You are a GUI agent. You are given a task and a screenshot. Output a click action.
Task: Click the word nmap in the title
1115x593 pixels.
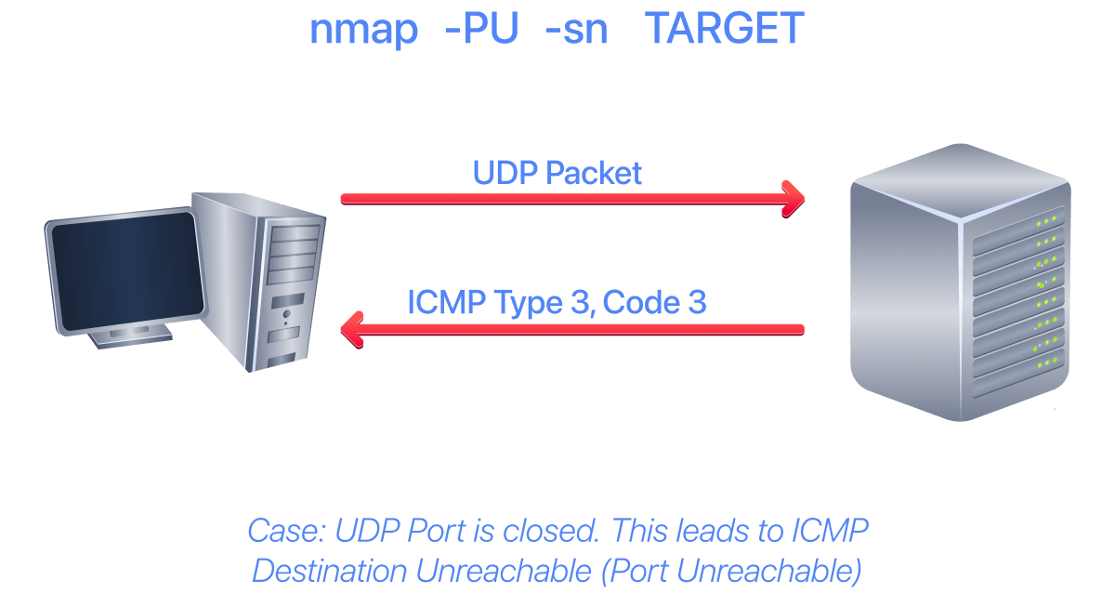pos(364,30)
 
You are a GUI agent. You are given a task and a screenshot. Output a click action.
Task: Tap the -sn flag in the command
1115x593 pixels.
pos(576,30)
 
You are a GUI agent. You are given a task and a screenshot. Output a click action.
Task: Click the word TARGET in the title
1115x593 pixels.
pos(724,28)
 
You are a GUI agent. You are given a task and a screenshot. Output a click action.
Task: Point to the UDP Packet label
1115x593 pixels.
pos(557,173)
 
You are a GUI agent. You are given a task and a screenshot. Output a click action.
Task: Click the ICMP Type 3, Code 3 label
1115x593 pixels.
pos(557,302)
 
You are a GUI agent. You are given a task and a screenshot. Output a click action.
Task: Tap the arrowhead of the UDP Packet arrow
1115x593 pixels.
pos(794,199)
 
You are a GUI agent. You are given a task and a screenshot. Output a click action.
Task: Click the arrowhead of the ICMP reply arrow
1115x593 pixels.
pos(352,330)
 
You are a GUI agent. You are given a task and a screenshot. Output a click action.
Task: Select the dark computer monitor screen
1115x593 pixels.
pos(127,271)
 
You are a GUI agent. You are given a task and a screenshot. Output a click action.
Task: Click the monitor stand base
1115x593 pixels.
pos(131,337)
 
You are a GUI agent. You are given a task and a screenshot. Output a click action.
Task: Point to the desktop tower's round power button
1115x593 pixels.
pos(287,314)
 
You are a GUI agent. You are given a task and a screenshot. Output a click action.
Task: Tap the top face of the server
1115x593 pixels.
pos(961,180)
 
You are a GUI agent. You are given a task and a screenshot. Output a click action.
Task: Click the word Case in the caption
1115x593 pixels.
pos(286,531)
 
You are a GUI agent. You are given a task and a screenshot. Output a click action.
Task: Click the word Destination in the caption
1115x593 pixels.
pos(330,571)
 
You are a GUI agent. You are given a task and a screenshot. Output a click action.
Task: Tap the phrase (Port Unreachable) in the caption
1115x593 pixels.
pos(730,571)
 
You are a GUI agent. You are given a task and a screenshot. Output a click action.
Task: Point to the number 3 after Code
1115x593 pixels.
pos(697,302)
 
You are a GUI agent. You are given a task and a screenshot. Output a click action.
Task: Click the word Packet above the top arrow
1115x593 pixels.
pos(594,173)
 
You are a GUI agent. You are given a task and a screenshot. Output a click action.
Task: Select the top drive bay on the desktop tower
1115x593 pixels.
pos(295,233)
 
